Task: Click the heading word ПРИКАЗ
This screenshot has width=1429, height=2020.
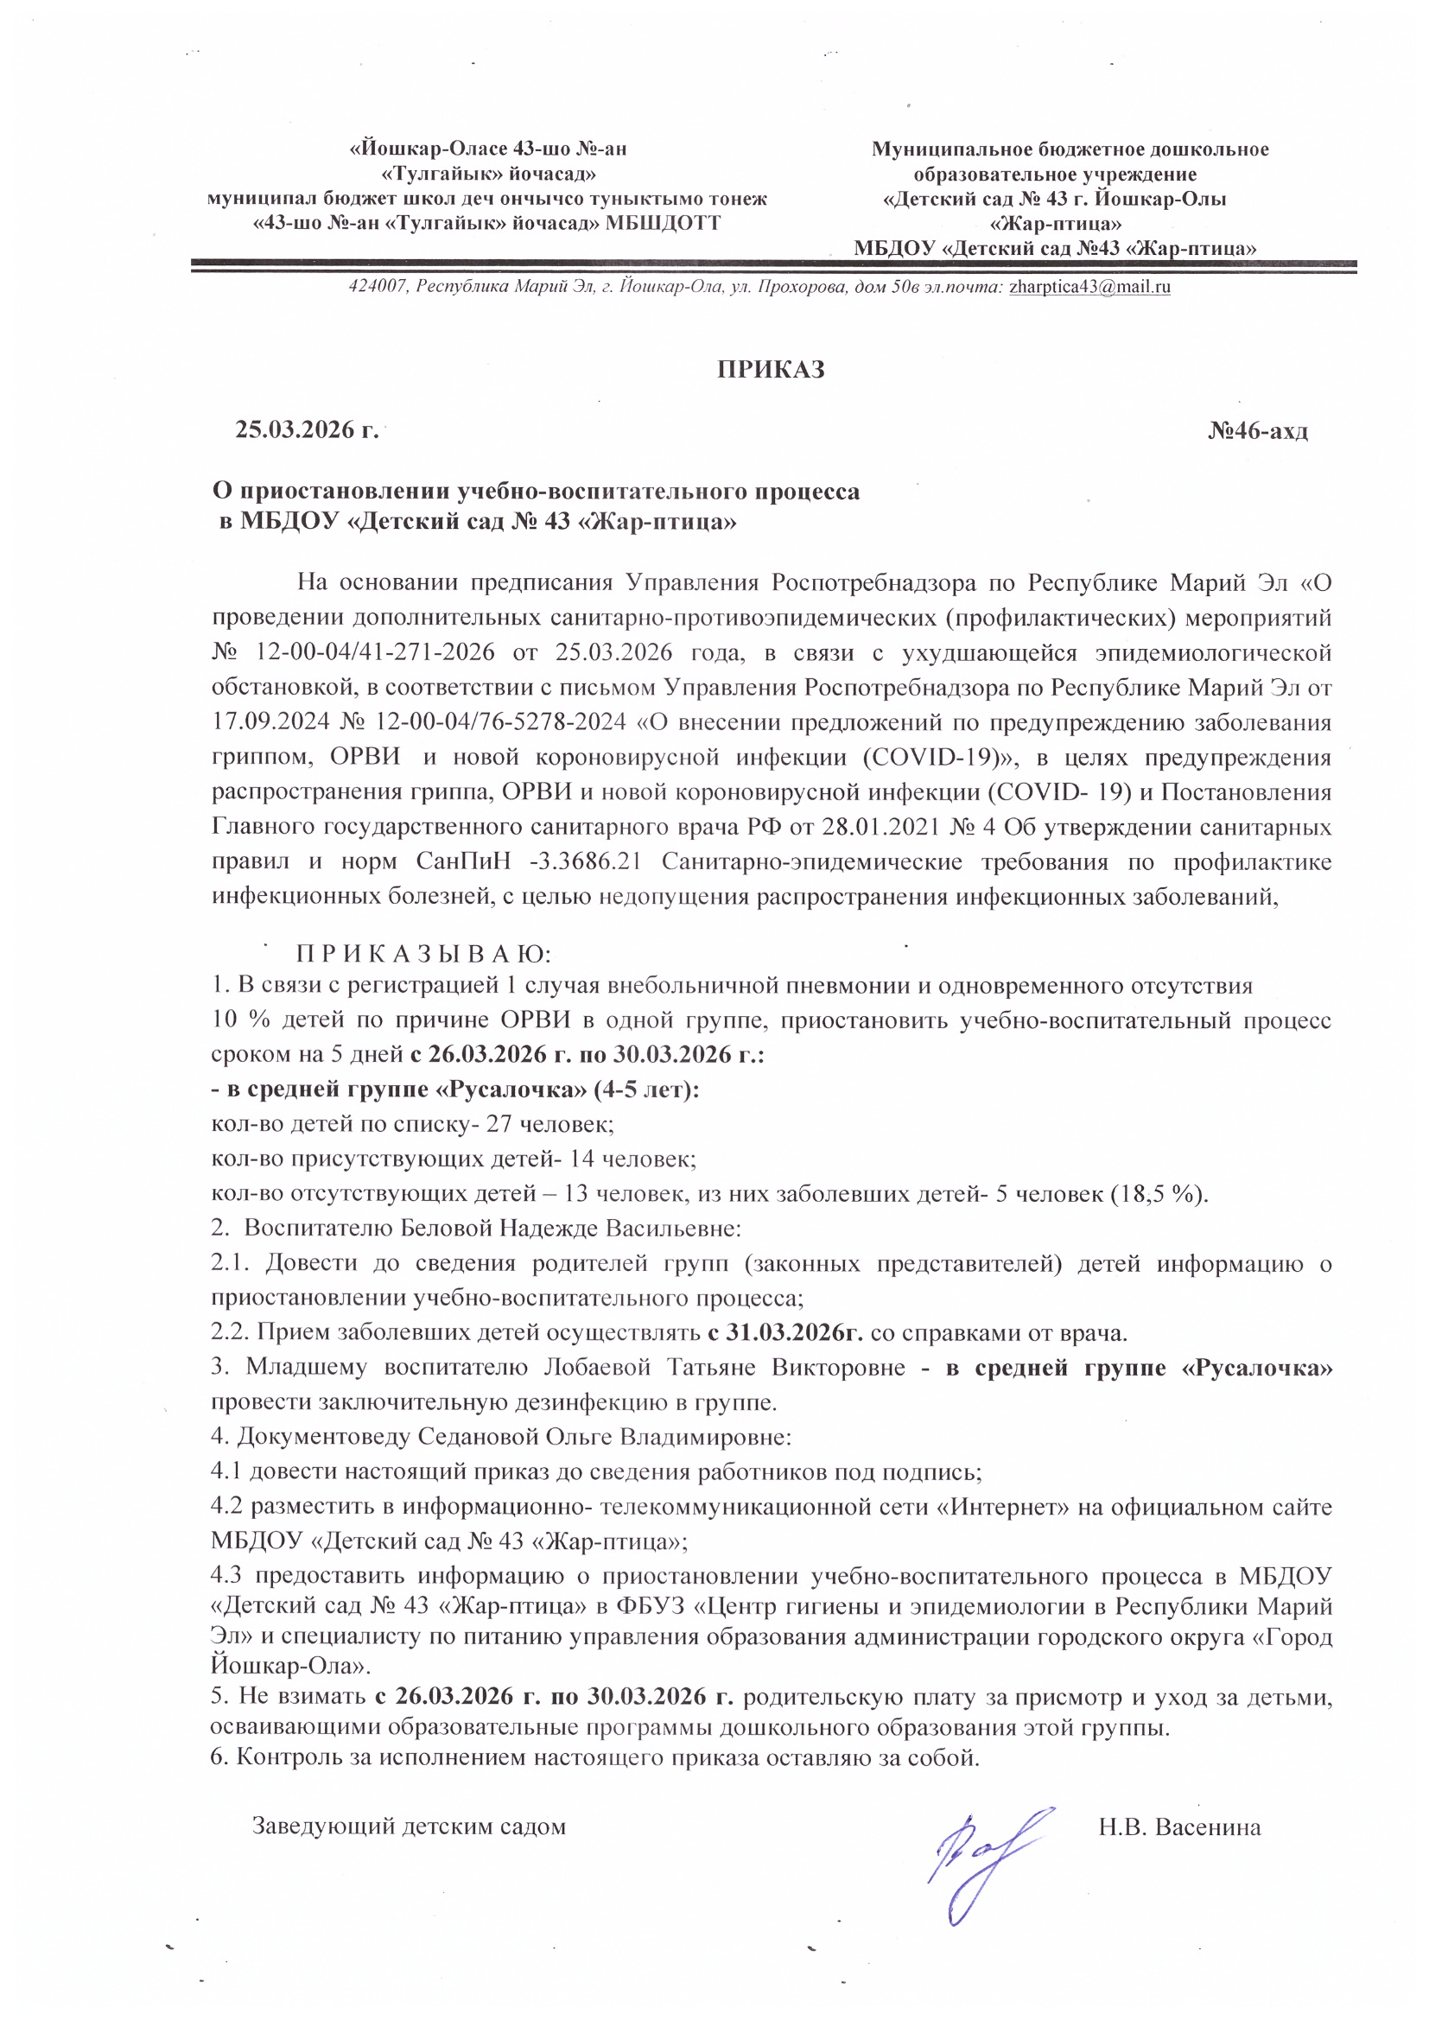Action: pos(771,369)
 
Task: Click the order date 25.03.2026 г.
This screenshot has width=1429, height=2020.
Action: pos(306,430)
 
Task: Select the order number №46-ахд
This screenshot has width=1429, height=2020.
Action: pos(1257,431)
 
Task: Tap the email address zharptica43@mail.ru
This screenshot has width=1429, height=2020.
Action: pos(1089,287)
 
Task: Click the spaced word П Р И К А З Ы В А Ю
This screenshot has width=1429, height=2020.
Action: pos(423,955)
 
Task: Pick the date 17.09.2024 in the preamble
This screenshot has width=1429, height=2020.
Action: pos(270,722)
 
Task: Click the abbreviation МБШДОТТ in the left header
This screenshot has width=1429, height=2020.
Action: pos(664,224)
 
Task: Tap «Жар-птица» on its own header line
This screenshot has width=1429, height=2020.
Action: pos(1055,224)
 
